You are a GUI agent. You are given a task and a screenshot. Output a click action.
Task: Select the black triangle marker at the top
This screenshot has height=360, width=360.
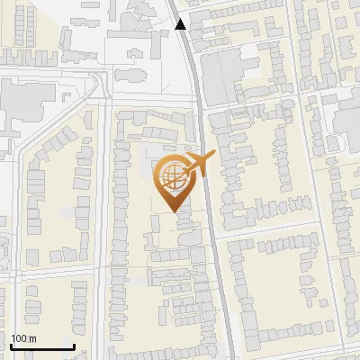tap(181, 24)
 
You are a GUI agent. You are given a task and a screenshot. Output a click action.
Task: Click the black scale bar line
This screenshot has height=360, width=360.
tap(42, 346)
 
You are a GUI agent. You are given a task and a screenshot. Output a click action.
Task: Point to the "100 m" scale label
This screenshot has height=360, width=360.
tap(23, 338)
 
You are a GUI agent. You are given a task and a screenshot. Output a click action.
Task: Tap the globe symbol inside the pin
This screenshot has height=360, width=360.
tap(171, 175)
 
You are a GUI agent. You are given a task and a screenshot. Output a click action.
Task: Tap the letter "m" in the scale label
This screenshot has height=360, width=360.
tap(31, 338)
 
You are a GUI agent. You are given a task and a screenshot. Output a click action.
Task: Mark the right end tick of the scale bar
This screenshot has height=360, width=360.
tap(73, 346)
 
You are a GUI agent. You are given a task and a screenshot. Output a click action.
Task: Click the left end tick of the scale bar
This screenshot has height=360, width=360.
tap(12, 346)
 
